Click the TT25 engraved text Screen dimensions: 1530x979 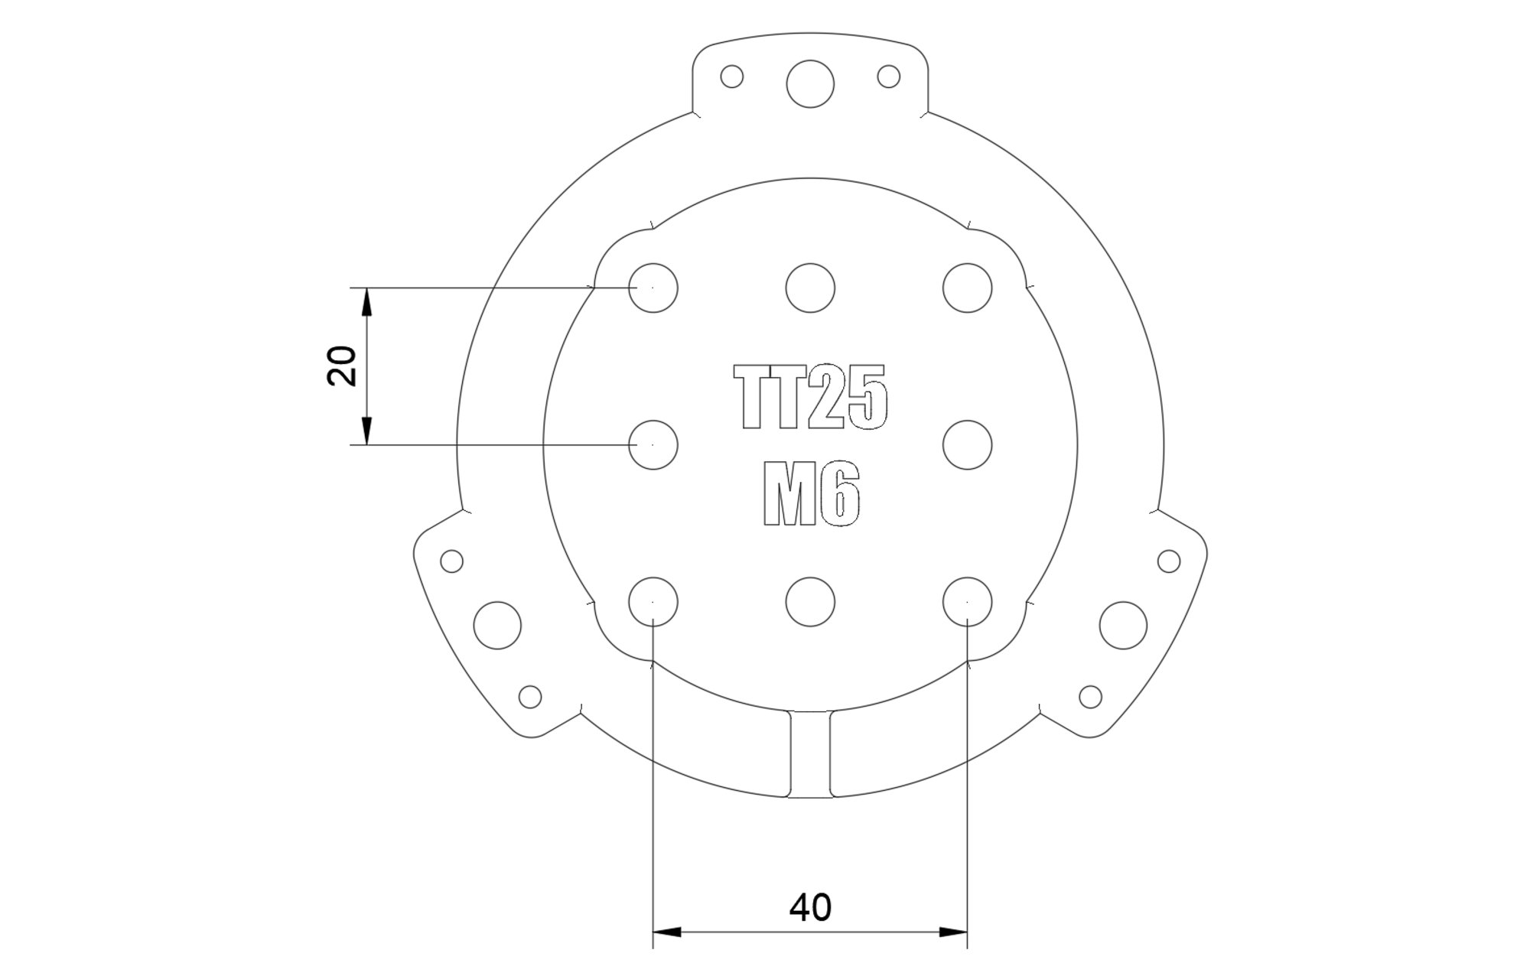811,395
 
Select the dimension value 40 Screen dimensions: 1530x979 810,907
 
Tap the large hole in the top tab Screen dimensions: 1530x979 810,84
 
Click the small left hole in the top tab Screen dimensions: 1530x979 732,76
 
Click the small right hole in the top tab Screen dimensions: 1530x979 888,76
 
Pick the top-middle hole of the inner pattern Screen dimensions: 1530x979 810,288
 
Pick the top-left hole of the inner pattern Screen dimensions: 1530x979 653,288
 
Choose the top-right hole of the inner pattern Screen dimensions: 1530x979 968,288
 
